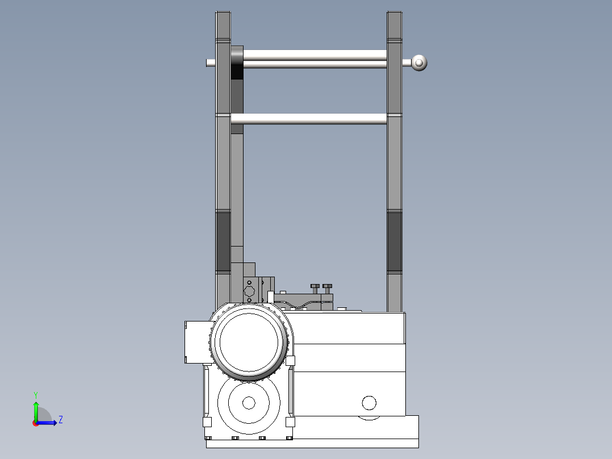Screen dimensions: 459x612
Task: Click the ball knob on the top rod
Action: [x=419, y=62]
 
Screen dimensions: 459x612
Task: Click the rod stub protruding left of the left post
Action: [x=211, y=62]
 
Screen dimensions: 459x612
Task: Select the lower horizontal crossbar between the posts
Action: [x=309, y=119]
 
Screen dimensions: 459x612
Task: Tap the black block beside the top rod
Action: [x=237, y=63]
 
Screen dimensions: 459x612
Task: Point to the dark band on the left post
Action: [x=223, y=241]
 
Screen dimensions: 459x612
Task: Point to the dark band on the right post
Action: [x=394, y=241]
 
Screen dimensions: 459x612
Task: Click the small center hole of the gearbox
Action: [x=248, y=403]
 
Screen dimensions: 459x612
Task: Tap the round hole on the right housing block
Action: [x=369, y=403]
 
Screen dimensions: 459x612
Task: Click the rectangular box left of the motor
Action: [x=197, y=341]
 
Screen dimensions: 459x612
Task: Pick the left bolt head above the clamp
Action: [x=315, y=286]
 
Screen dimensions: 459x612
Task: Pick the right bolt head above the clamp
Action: [x=327, y=286]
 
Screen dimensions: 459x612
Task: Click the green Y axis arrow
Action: [x=36, y=410]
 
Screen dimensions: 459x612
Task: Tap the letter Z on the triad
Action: [x=60, y=420]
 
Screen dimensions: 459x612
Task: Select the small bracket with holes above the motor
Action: [x=249, y=290]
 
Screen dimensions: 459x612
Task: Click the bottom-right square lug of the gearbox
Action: [x=290, y=422]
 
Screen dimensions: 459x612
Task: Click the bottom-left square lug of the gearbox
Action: [x=207, y=422]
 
